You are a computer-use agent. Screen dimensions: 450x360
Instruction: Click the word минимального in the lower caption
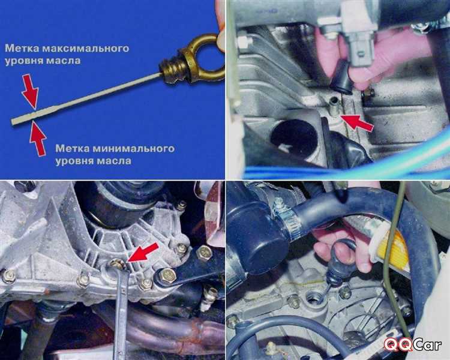(133, 149)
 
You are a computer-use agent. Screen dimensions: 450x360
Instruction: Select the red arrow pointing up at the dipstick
(38, 139)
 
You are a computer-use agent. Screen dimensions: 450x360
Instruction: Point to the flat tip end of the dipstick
(13, 122)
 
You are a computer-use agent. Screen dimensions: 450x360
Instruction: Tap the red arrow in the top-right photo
(357, 122)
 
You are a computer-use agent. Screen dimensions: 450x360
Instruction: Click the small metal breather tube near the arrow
(334, 107)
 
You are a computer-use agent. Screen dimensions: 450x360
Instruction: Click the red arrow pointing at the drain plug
(143, 252)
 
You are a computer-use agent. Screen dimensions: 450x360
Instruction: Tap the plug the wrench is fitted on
(118, 264)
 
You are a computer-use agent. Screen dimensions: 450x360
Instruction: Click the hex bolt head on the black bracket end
(167, 277)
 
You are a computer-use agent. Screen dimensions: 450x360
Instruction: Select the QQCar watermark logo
(413, 344)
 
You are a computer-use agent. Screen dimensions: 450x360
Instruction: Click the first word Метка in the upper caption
(22, 48)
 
